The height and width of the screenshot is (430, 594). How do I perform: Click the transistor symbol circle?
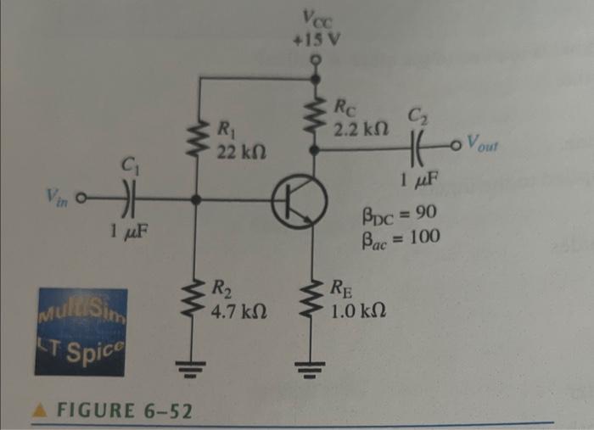tap(299, 203)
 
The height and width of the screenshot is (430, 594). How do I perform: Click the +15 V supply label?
tap(316, 36)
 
